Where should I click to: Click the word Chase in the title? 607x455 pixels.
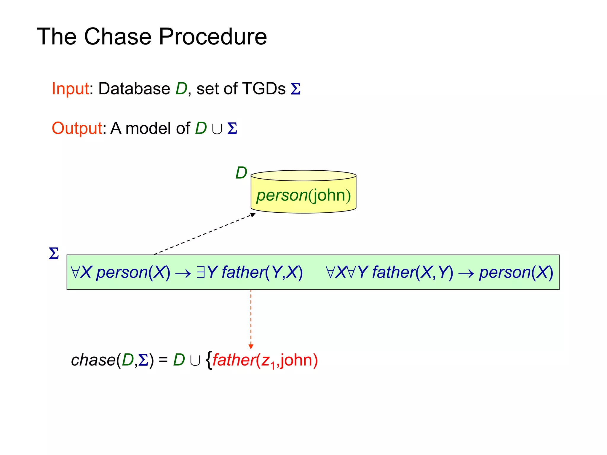point(118,36)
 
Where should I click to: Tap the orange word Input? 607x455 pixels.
point(70,89)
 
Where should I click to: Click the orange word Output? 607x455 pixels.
point(77,128)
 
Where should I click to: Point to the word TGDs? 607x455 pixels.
point(264,89)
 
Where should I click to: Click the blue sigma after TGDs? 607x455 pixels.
point(295,89)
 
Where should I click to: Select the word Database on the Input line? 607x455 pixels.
point(134,89)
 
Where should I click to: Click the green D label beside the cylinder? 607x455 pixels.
point(241,173)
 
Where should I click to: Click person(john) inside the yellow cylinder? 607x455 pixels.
point(303,196)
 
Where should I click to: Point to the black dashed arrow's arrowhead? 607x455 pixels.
point(253,215)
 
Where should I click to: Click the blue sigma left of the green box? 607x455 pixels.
point(54,254)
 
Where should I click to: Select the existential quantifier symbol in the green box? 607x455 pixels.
point(201,272)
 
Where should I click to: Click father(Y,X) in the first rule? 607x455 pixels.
point(262,272)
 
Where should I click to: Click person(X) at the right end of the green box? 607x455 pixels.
point(516,272)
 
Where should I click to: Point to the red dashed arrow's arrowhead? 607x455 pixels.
point(251,347)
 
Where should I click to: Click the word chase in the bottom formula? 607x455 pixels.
point(93,360)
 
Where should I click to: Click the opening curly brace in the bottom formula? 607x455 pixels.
point(209,360)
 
